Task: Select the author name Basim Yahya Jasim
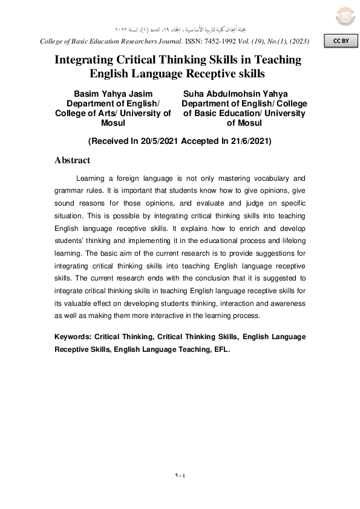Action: [113, 94]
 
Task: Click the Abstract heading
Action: [72, 160]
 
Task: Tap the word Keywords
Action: [73, 336]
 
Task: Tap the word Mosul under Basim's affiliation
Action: [113, 123]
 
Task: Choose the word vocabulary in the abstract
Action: [267, 178]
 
